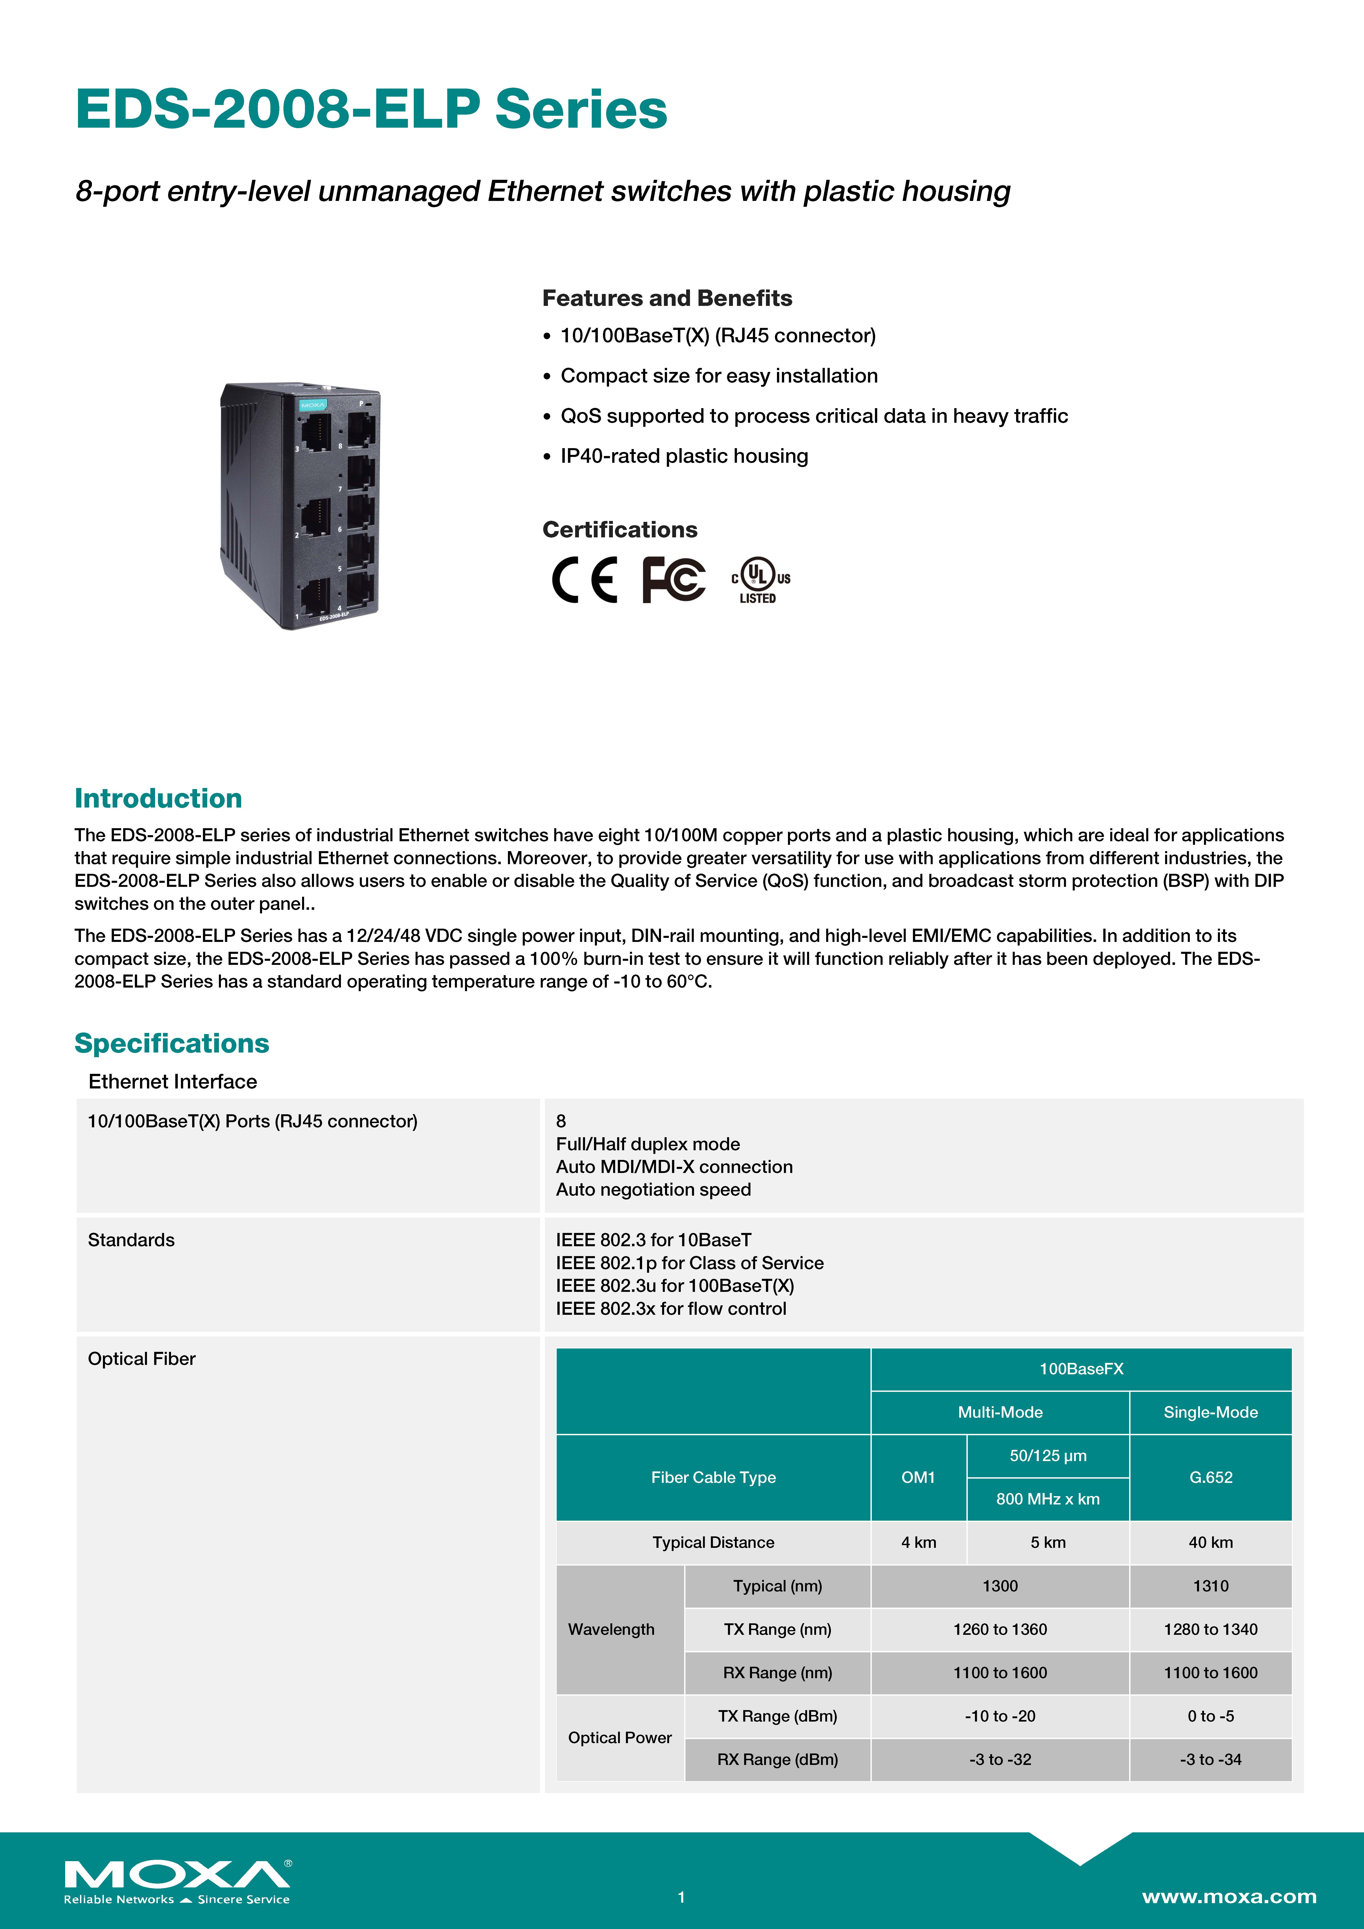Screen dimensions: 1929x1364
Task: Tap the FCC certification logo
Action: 673,580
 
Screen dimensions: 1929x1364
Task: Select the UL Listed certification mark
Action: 760,580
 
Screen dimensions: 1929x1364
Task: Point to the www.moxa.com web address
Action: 1229,1896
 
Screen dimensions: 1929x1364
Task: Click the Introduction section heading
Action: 158,798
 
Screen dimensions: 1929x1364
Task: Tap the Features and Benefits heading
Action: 666,298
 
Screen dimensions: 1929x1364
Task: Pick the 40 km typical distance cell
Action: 1210,1542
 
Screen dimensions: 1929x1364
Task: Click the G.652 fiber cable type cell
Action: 1210,1477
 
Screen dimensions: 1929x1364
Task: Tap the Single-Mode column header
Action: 1210,1412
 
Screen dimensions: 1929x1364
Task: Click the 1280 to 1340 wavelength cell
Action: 1210,1629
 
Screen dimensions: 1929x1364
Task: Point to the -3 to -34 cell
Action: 1210,1759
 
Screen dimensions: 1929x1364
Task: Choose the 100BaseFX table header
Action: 1081,1369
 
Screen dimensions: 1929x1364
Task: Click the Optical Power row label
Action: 619,1738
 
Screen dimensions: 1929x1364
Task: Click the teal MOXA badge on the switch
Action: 313,405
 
